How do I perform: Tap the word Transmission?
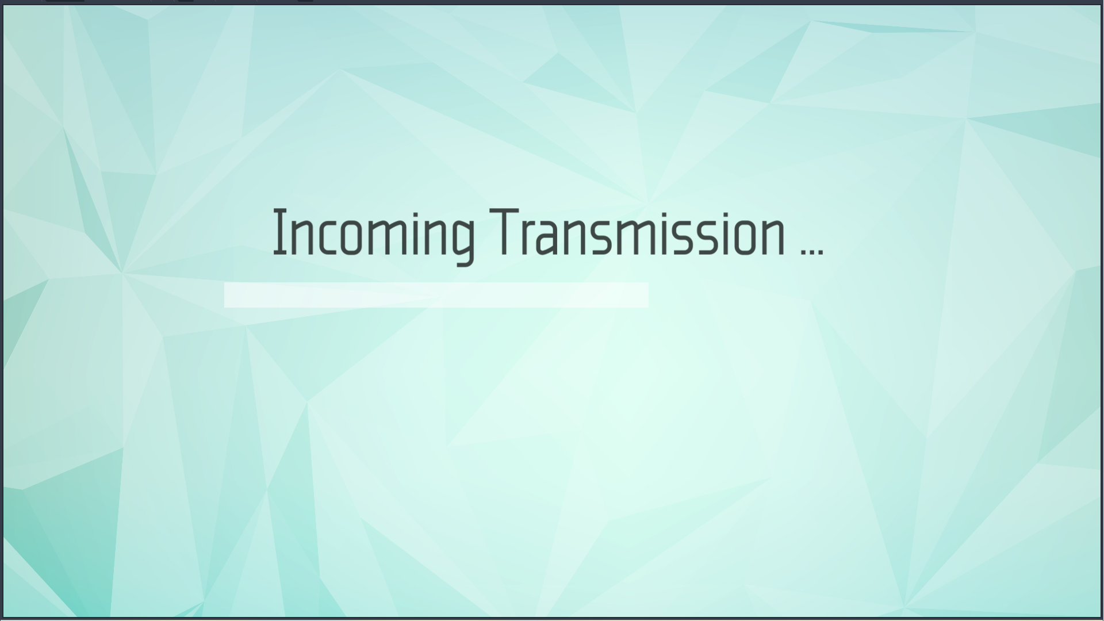(638, 232)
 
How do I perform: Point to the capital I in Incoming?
(279, 232)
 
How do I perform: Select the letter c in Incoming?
(325, 236)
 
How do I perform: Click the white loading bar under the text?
(436, 295)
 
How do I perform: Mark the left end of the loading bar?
(225, 295)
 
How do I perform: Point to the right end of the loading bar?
(648, 295)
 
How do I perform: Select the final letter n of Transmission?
(772, 236)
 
